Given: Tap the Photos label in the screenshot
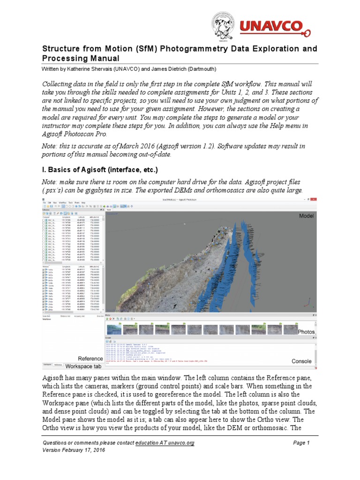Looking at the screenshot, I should point(306,331).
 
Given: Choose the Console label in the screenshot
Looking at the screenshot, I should point(301,361).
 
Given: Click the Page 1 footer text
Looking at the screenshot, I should point(301,443).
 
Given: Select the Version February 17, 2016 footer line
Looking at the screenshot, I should point(74,450).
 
